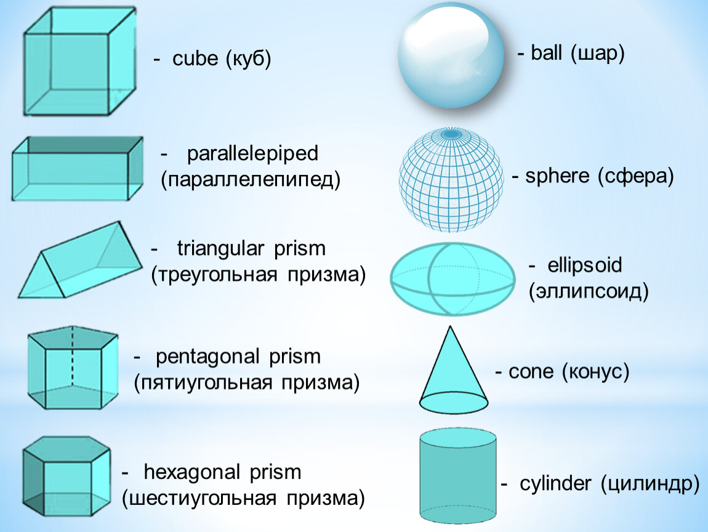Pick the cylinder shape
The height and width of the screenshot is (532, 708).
pyautogui.click(x=458, y=478)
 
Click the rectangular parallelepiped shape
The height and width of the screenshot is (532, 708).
pyautogui.click(x=77, y=169)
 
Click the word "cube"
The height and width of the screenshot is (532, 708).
pyautogui.click(x=196, y=60)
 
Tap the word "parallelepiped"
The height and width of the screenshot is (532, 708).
pyautogui.click(x=252, y=153)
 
